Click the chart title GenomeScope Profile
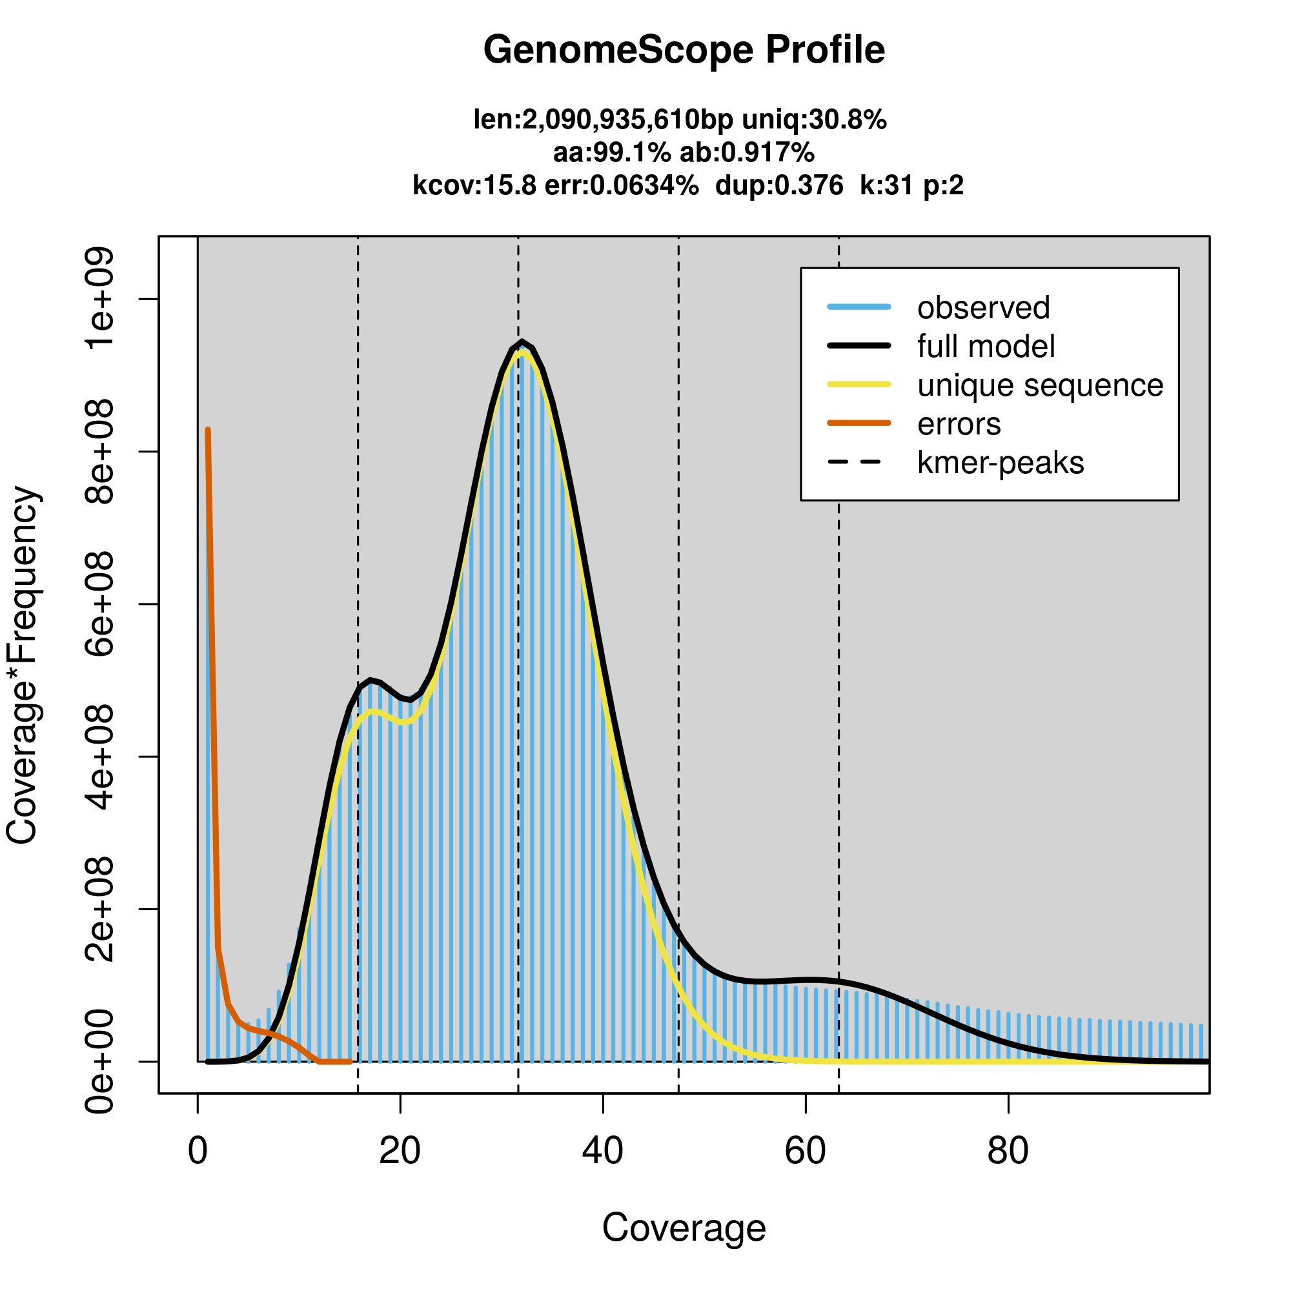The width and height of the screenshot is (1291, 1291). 684,50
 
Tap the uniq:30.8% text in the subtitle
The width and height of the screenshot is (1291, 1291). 814,119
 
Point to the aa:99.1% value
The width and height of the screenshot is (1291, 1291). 611,152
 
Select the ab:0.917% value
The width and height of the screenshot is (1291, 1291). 746,152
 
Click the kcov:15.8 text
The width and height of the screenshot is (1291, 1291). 474,185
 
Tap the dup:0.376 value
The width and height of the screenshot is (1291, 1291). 778,185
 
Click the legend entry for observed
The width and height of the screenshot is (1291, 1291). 983,308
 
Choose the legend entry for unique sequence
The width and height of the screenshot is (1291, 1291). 1040,385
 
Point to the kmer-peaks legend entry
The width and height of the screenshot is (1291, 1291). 1001,463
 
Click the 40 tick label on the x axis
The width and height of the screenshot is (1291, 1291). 603,1151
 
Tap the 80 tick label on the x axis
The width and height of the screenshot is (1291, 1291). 1008,1151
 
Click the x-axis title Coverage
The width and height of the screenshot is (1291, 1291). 684,1228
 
